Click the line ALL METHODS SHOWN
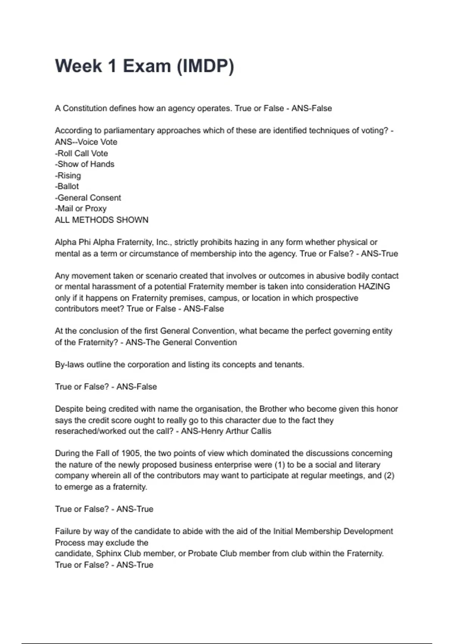point(102,220)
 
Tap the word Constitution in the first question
point(85,108)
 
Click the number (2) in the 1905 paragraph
point(389,475)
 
